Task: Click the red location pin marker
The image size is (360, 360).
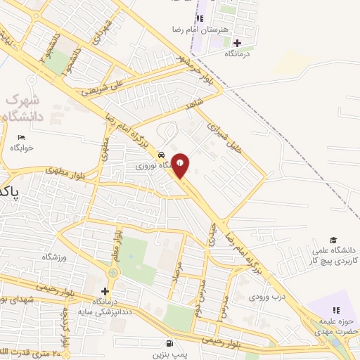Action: click(x=181, y=165)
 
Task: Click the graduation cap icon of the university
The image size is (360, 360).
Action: click(x=333, y=240)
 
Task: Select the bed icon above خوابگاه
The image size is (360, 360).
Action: click(x=21, y=136)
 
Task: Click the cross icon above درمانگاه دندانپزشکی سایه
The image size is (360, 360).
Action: click(x=105, y=291)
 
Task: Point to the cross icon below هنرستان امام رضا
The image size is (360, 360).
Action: click(x=238, y=43)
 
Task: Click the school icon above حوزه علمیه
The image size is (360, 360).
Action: click(x=335, y=310)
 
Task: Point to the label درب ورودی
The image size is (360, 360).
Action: click(x=267, y=296)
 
